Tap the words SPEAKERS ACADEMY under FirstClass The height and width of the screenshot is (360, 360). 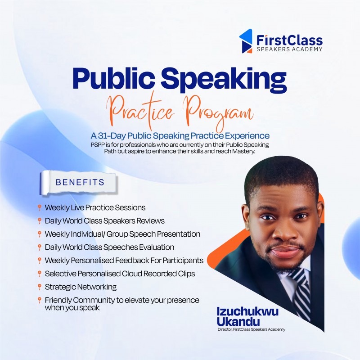pos(289,49)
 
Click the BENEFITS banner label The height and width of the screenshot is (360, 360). pos(80,182)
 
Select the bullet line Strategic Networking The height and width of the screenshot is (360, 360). pos(81,287)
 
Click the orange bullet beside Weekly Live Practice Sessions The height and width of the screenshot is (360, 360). pos(40,207)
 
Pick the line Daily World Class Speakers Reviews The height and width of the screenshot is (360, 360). pos(104,221)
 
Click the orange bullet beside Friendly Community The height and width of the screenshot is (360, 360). pos(40,300)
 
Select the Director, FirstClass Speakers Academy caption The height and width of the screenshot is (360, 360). pos(251,330)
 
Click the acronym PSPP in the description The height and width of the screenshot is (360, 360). pos(99,144)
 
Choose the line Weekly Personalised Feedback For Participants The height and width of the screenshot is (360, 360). pos(124,261)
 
